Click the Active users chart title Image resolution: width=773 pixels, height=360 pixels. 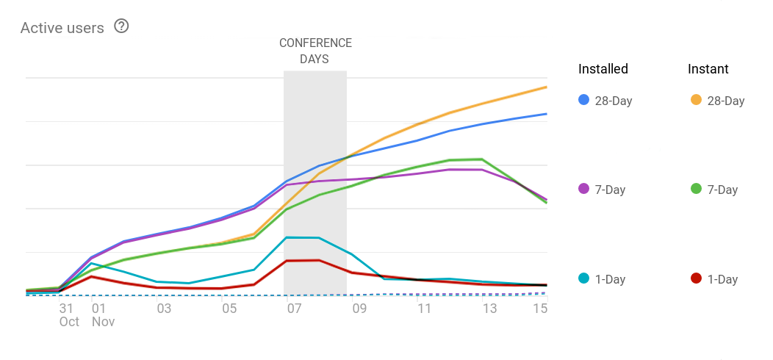point(62,28)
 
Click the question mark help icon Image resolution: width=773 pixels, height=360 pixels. point(121,26)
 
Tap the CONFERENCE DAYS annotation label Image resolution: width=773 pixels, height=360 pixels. point(315,51)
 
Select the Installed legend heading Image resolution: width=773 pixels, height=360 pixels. point(603,69)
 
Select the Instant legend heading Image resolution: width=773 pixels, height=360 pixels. point(708,69)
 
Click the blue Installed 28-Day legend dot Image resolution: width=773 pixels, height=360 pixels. point(584,100)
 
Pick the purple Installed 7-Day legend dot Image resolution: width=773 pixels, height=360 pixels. point(584,189)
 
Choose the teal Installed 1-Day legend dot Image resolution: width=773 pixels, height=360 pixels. point(584,278)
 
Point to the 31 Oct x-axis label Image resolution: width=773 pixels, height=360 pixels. point(68,314)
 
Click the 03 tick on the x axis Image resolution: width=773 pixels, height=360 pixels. point(164,309)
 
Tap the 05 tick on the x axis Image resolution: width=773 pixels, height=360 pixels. point(229,309)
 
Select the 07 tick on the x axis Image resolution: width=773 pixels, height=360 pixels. point(294,309)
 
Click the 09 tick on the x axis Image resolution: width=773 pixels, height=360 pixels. point(359,309)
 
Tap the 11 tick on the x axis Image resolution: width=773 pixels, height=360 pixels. point(425,309)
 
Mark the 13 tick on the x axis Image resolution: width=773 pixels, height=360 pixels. point(489,309)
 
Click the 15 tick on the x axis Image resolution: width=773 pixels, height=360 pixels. point(540,309)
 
